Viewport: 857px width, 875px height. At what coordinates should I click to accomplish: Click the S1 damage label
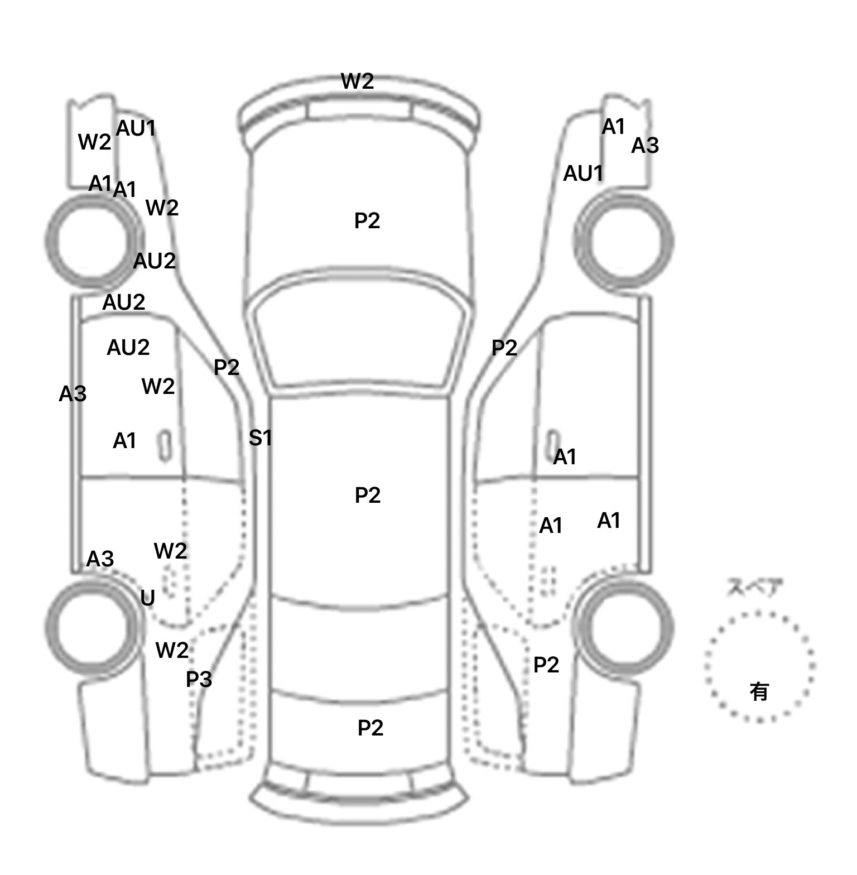[260, 438]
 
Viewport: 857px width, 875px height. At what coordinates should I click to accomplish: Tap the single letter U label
[147, 598]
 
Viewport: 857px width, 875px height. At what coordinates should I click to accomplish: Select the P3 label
[199, 679]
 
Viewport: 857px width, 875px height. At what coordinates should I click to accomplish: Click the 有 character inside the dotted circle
[759, 692]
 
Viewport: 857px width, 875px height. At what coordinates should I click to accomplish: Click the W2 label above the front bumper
[357, 81]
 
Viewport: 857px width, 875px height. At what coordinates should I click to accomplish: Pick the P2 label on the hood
[367, 221]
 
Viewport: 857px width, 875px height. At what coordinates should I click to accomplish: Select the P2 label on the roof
[368, 495]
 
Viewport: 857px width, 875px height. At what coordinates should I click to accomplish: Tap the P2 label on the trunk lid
[370, 728]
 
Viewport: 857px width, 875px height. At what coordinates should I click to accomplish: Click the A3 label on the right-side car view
[645, 146]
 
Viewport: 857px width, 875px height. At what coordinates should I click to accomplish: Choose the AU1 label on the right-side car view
[583, 174]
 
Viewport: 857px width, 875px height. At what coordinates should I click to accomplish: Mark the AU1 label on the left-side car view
[136, 128]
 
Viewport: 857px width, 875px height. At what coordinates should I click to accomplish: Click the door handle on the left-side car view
[165, 445]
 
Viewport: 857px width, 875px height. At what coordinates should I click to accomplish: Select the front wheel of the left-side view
[91, 241]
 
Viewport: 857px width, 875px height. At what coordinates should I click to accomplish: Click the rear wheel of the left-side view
[91, 626]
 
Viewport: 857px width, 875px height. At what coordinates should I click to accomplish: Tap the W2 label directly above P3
[172, 650]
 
